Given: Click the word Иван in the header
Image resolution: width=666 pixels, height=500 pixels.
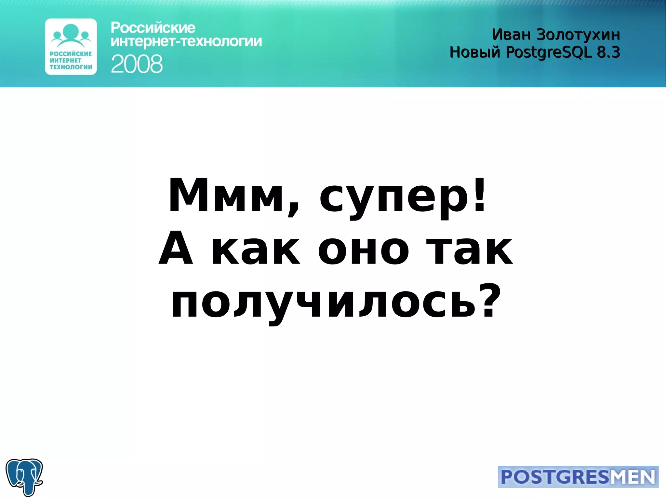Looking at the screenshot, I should click(x=511, y=35).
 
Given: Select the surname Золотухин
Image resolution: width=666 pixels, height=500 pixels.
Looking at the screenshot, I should click(x=578, y=35).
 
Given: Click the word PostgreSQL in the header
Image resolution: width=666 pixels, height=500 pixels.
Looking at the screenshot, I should click(x=549, y=52).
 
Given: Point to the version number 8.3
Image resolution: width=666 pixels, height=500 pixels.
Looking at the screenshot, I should click(x=608, y=52).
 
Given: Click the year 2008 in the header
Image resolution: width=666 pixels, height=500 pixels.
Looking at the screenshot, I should click(x=137, y=64).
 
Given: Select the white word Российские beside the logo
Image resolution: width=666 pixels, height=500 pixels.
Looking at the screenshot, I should click(x=153, y=28).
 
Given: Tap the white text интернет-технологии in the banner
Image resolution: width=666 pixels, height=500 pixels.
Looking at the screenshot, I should click(x=186, y=42).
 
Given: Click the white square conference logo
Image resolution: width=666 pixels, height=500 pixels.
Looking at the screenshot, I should click(x=71, y=47).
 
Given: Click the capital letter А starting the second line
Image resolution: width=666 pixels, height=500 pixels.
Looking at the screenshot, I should click(x=176, y=248).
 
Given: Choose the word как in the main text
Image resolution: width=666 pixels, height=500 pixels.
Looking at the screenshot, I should click(x=256, y=250).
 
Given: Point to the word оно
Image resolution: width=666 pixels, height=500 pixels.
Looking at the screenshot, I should click(x=363, y=250).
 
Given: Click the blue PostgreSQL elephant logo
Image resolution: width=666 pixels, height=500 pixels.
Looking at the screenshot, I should click(x=24, y=477).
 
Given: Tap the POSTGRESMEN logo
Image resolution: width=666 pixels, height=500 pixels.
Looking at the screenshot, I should click(x=578, y=477).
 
